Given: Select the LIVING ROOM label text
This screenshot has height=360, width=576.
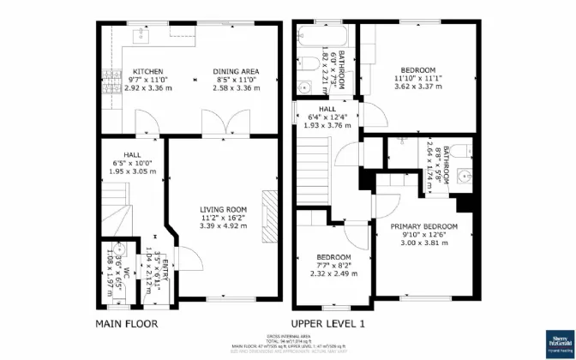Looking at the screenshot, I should (224, 209).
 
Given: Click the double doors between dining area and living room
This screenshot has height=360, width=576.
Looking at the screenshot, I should (215, 127).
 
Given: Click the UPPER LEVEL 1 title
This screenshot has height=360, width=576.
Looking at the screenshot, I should (328, 324).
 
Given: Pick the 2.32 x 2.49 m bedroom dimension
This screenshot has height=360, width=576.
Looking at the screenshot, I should (333, 274).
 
